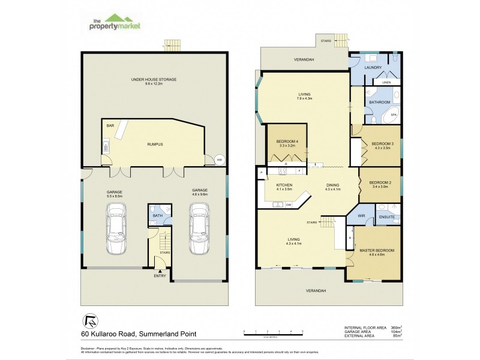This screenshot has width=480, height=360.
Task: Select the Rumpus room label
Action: coord(155,144)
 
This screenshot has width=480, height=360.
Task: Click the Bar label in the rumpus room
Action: coord(110,125)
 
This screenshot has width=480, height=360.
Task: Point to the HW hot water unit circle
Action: coord(220,160)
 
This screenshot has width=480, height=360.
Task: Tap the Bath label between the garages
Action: coord(158,215)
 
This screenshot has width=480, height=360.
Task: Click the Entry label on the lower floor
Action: coord(160,276)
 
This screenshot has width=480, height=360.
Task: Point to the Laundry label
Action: coord(374,68)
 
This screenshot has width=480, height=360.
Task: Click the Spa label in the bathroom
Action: coord(394,114)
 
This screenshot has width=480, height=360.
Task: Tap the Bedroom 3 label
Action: coord(382,144)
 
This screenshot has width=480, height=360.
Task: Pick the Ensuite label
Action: coord(386,217)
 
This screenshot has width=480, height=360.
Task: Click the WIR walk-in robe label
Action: coord(361,215)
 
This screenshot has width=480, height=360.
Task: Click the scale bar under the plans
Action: coord(273,331)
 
